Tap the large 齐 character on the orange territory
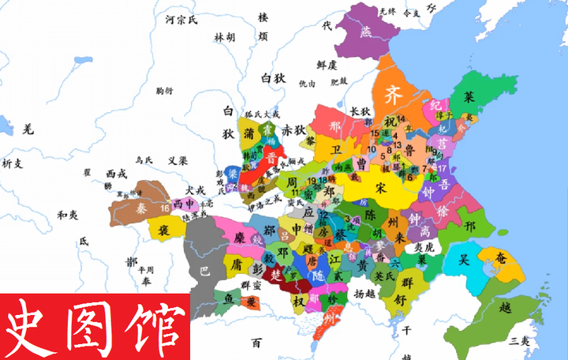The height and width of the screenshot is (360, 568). pos(392,96)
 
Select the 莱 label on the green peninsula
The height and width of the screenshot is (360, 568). pos(469,98)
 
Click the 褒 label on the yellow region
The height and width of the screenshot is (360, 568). pos(165,231)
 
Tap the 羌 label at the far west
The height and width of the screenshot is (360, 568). pos(28,129)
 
